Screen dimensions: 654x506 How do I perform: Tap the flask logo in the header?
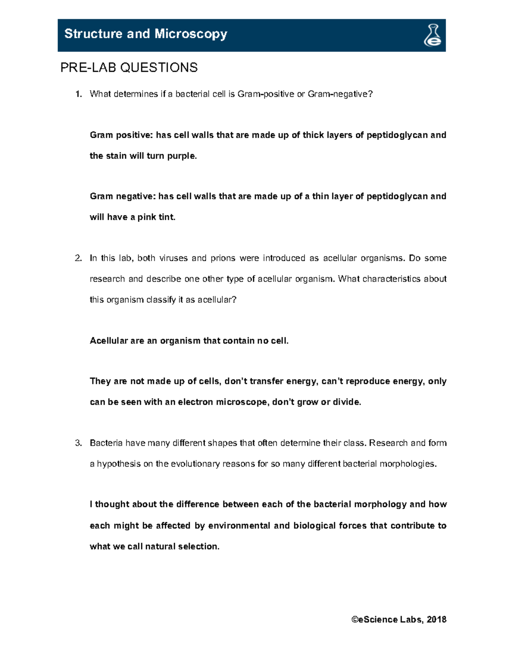(432, 35)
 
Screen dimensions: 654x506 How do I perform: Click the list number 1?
(78, 94)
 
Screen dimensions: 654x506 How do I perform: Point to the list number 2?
(78, 258)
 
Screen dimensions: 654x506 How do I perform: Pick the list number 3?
(78, 443)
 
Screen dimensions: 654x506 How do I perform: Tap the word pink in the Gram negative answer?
(147, 217)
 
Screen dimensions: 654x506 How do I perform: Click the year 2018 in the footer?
(436, 619)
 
